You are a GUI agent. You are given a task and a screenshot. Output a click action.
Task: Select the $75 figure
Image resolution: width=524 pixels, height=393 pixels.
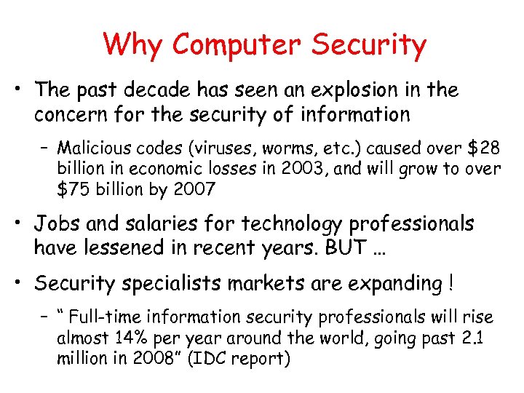pyautogui.click(x=73, y=190)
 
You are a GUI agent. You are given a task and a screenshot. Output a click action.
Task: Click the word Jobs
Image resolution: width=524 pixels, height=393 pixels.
pyautogui.click(x=62, y=223)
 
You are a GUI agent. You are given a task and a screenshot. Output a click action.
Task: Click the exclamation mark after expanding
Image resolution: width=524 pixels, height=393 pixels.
pyautogui.click(x=452, y=282)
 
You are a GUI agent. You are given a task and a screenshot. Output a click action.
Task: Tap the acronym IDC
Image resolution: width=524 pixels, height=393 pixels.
pyautogui.click(x=219, y=359)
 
